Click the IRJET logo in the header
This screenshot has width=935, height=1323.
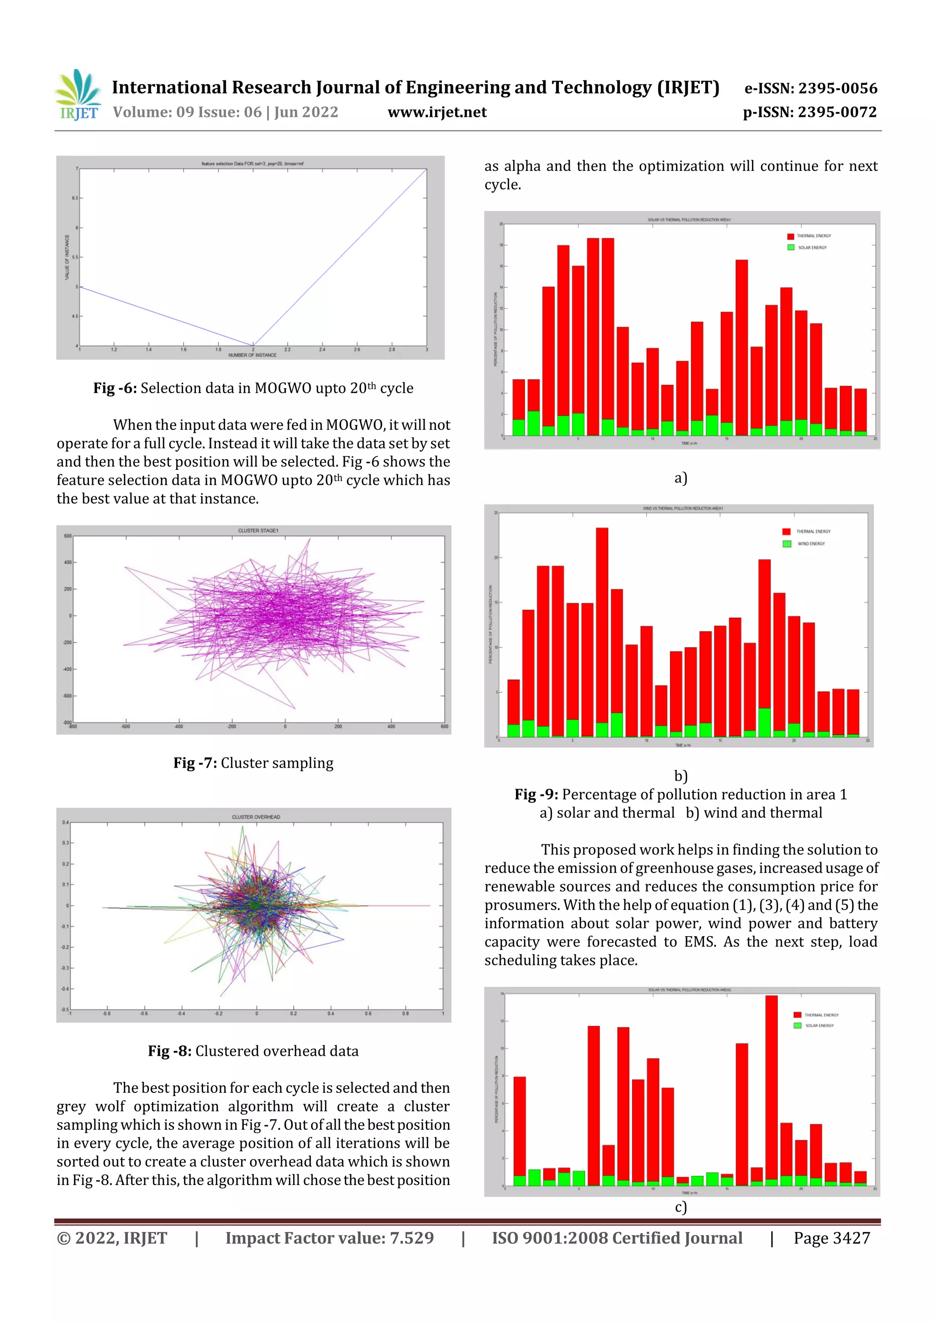[79, 95]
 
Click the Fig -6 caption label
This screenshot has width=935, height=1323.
[115, 388]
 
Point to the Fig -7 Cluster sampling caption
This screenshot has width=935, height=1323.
[253, 763]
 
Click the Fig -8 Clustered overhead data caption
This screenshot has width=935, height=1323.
[253, 1051]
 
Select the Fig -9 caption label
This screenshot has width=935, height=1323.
[536, 795]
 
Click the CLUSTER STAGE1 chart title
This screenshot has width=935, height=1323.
[258, 531]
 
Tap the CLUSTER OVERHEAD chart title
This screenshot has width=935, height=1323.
[256, 817]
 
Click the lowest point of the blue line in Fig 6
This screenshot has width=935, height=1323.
[253, 345]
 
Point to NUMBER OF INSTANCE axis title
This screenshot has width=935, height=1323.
[252, 355]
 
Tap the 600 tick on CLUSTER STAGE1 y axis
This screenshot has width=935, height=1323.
[68, 536]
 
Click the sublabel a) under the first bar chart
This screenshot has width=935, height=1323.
[680, 478]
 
